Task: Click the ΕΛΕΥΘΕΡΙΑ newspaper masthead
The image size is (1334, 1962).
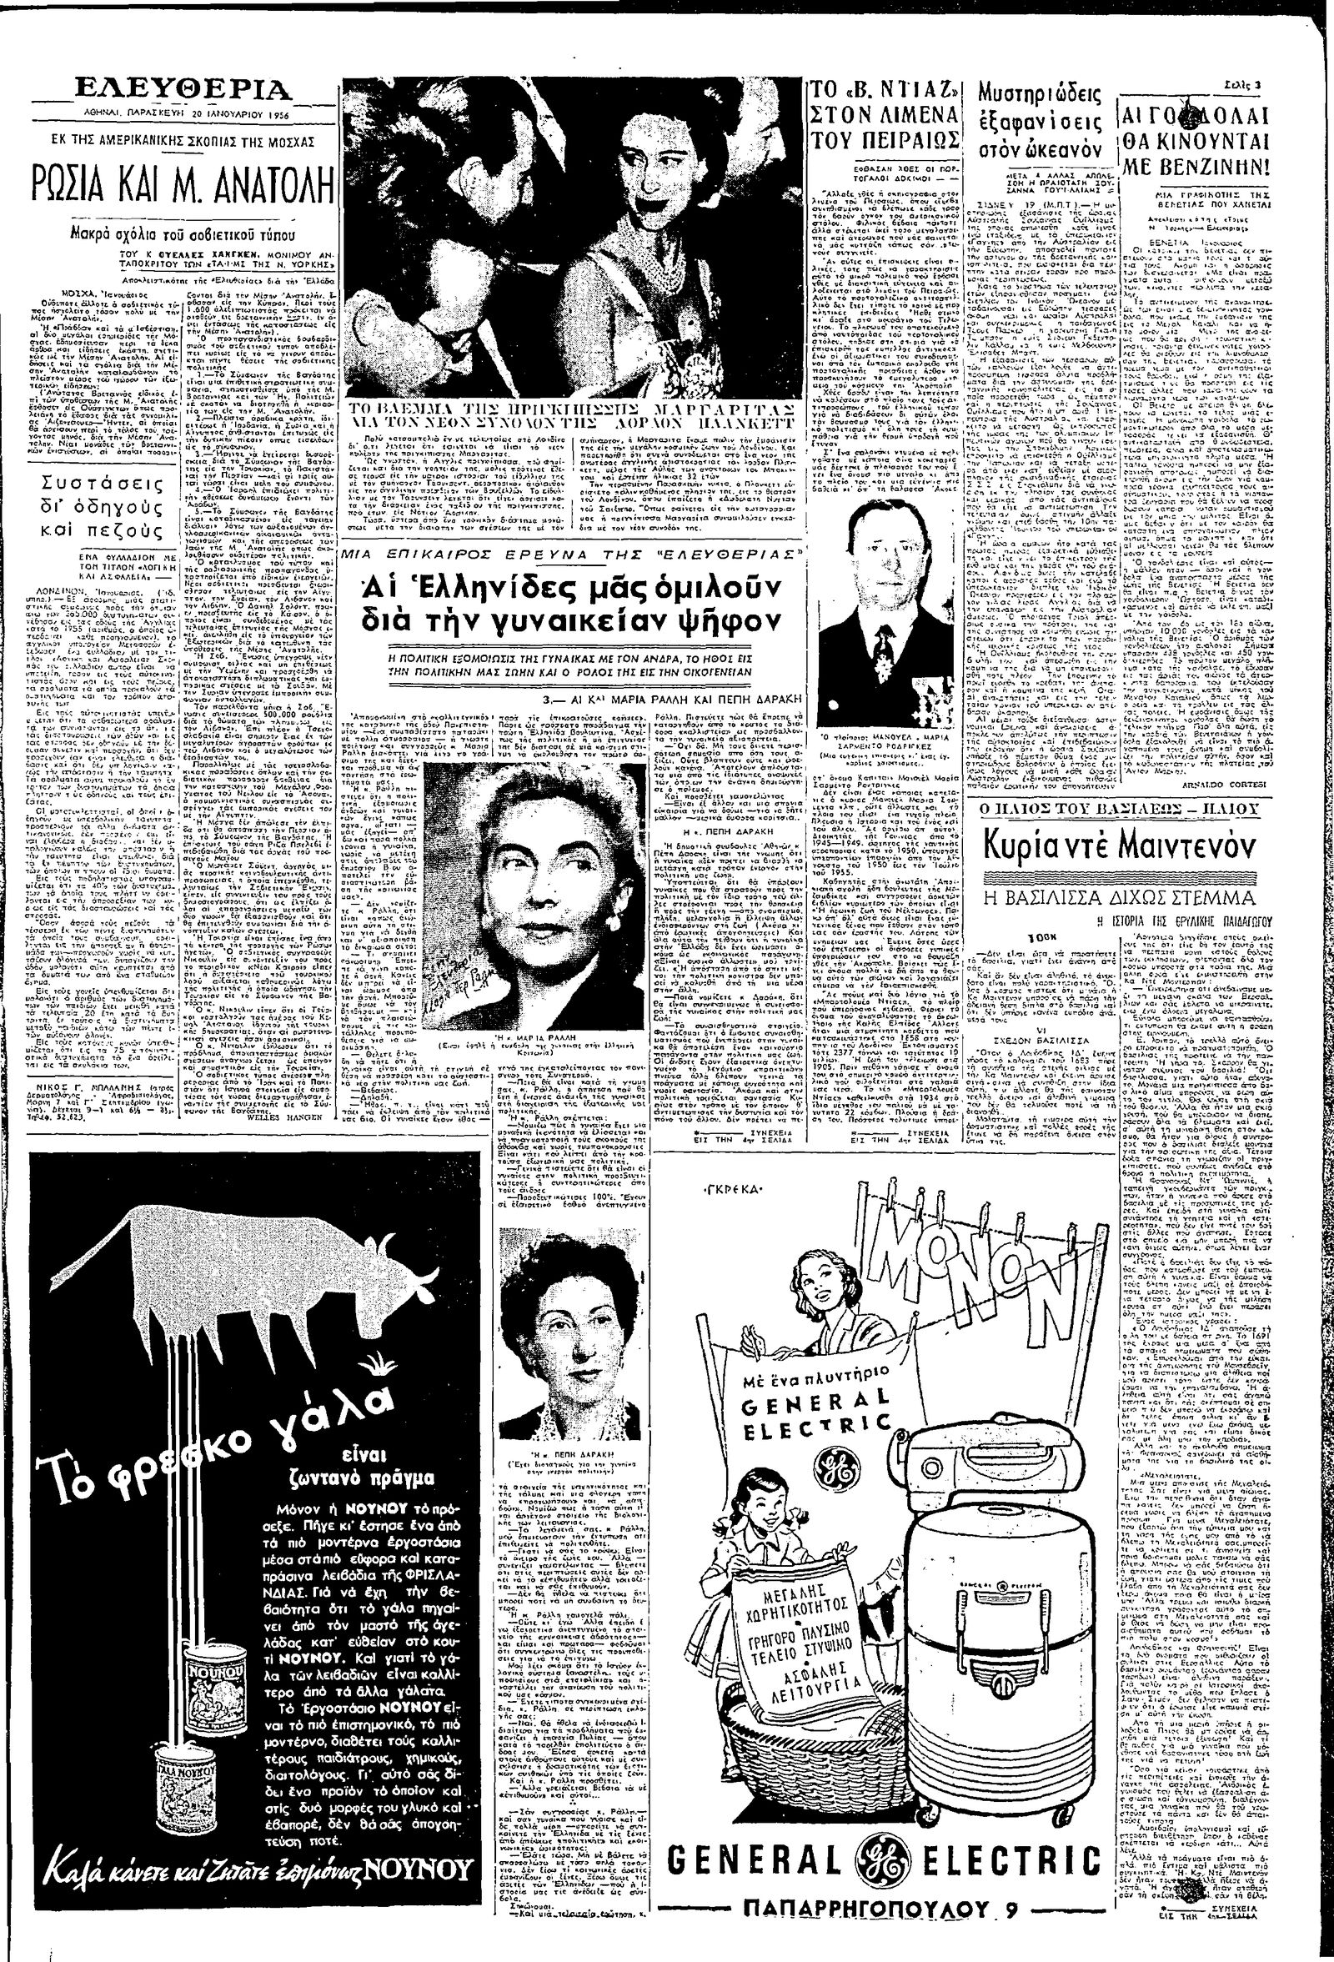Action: (x=184, y=90)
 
